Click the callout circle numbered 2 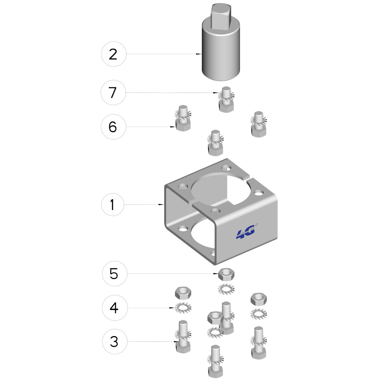114,54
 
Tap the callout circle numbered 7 113,93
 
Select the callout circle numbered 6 114,127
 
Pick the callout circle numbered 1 112,205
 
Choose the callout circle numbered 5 115,274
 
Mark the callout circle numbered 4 115,308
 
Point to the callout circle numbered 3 115,341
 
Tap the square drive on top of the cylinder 220,15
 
